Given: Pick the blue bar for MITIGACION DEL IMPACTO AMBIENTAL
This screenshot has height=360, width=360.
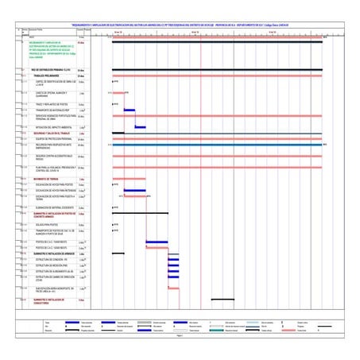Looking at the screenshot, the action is [140, 126].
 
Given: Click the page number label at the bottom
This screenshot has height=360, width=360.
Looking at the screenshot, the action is [180, 338].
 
